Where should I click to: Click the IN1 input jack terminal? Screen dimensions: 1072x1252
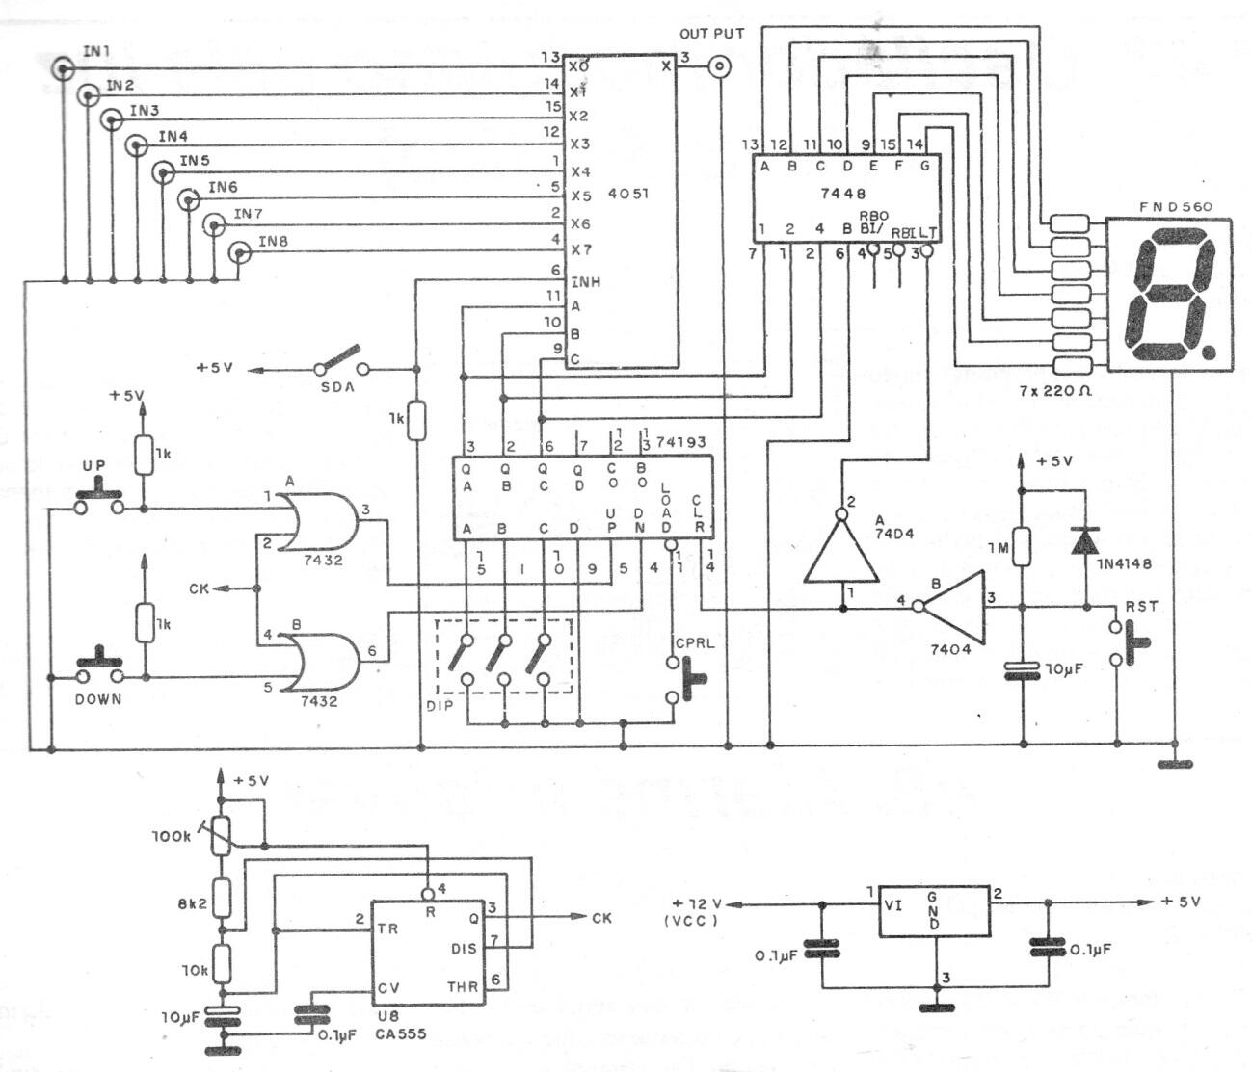tap(65, 68)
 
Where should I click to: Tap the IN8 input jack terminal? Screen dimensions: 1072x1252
tap(238, 253)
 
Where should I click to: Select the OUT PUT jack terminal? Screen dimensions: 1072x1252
tap(719, 67)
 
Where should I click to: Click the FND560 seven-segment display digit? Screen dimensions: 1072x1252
tap(1169, 295)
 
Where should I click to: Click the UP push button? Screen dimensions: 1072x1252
tap(98, 499)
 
